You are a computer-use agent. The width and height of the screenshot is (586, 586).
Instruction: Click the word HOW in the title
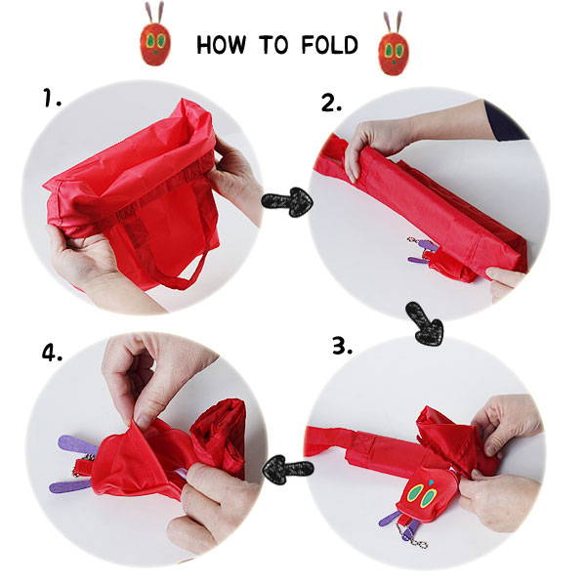[x=222, y=45]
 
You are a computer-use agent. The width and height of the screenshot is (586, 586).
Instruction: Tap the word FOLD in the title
[x=330, y=45]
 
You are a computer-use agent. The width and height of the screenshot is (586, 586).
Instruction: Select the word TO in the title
[x=273, y=45]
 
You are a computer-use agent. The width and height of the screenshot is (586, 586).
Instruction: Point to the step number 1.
[x=52, y=97]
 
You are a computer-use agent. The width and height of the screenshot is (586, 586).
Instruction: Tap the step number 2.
[x=331, y=102]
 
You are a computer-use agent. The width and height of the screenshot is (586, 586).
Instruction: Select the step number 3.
[x=343, y=346]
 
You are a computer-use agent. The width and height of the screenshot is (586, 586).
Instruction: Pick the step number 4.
[x=52, y=352]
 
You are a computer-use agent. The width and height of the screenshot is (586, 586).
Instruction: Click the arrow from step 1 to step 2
[x=287, y=201]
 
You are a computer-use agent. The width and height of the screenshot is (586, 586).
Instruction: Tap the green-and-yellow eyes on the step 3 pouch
[x=423, y=495]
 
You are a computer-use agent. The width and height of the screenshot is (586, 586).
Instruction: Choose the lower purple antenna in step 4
[x=70, y=485]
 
